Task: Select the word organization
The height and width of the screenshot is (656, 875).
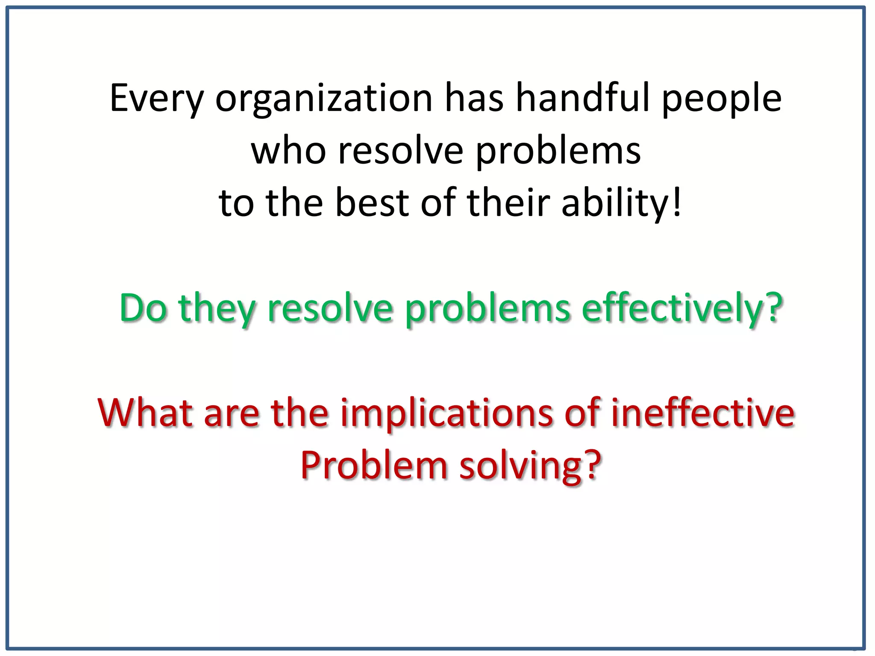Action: point(324,99)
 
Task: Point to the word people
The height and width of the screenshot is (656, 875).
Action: point(722,99)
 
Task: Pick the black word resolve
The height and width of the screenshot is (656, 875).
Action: point(401,151)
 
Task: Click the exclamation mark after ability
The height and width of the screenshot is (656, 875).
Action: point(676,202)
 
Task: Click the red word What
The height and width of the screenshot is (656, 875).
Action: point(145,413)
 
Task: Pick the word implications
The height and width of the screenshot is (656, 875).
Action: point(446,413)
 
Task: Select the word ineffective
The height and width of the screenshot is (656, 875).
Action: point(702,413)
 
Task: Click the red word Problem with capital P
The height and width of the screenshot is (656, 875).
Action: point(373,466)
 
